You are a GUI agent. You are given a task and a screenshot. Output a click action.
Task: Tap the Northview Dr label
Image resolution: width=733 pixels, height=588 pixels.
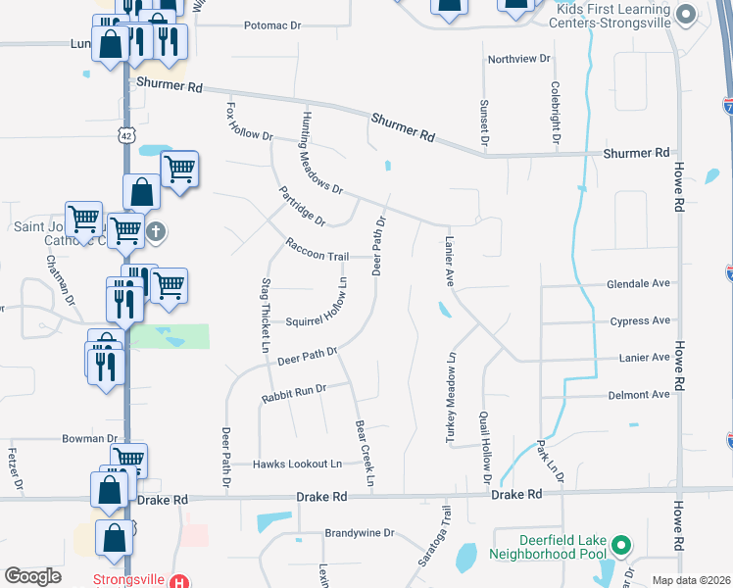[x=519, y=59]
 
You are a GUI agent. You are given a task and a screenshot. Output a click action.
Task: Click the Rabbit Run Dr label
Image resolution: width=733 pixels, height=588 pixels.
[x=293, y=394]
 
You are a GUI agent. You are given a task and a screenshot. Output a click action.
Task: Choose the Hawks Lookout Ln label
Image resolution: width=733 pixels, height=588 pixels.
[x=298, y=464]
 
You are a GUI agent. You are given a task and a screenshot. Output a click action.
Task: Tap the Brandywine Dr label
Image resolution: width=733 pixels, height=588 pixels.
[x=359, y=534]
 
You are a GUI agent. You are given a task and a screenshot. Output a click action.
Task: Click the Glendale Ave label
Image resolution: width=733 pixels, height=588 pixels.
[x=638, y=283]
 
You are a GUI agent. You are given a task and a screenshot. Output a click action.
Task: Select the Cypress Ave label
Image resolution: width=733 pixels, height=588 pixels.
[x=640, y=320]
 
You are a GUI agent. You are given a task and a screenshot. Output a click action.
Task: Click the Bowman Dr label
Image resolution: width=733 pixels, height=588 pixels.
[x=89, y=439]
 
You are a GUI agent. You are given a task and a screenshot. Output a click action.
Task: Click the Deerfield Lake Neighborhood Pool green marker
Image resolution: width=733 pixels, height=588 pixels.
[x=620, y=544]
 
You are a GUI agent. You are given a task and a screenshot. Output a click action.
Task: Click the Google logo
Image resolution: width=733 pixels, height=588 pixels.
[x=32, y=576]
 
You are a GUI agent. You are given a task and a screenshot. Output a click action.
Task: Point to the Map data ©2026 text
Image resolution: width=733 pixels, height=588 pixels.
[x=690, y=580]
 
